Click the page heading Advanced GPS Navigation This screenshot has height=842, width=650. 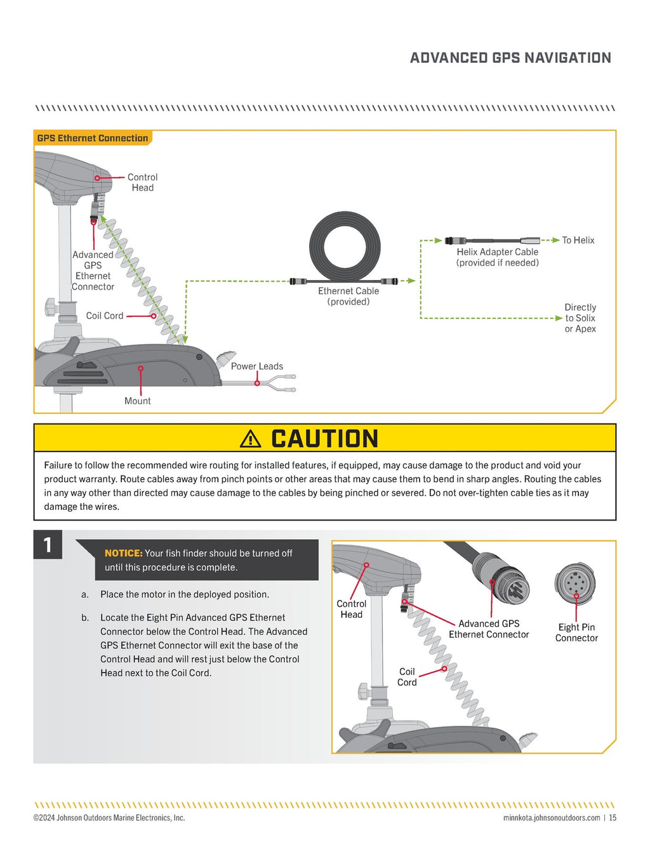(x=510, y=58)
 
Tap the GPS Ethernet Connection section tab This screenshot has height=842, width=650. (x=93, y=138)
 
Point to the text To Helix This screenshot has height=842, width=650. (x=578, y=240)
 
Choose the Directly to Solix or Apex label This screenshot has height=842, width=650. (x=580, y=317)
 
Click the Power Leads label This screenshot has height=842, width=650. (x=256, y=366)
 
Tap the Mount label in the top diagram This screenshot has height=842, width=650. (x=137, y=401)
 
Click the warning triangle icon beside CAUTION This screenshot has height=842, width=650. (x=251, y=438)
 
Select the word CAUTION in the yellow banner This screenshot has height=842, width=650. (x=324, y=438)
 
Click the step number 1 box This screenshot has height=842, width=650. (x=48, y=545)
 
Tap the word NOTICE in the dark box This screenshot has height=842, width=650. (x=123, y=553)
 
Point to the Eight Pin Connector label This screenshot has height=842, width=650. (x=576, y=632)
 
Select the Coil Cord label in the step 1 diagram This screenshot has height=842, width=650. (x=407, y=676)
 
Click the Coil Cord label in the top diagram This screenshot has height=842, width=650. (x=105, y=316)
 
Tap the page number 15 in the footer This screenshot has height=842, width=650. (x=613, y=818)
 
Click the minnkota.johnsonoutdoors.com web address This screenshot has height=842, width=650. (x=551, y=818)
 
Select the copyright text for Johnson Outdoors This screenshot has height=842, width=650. (x=109, y=818)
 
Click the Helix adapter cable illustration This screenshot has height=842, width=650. (x=492, y=241)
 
